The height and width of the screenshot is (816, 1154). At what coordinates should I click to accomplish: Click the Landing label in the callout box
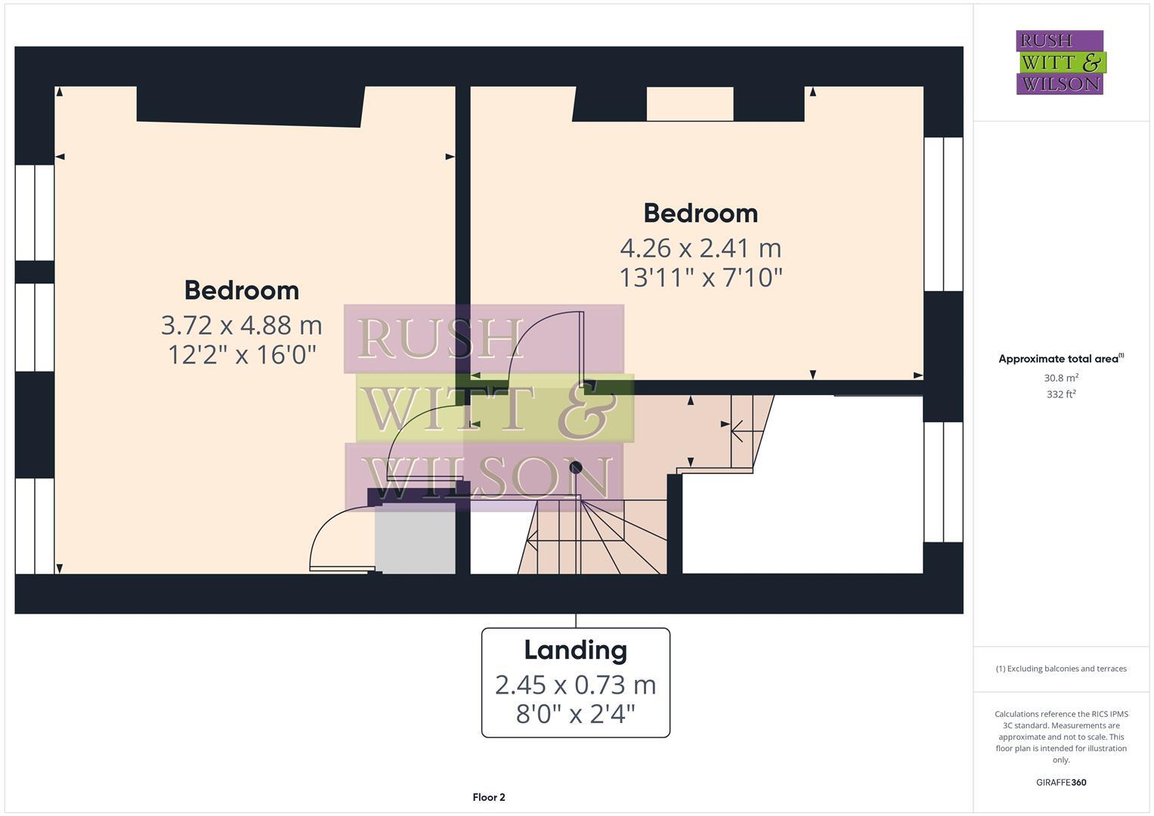point(575,650)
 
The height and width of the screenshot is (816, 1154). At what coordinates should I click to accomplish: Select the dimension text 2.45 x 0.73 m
point(575,685)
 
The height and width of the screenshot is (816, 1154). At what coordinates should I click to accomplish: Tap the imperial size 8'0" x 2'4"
point(575,713)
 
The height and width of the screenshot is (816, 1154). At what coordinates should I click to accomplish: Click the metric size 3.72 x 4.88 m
point(241,325)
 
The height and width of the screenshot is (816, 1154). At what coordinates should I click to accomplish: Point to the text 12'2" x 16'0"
point(241,354)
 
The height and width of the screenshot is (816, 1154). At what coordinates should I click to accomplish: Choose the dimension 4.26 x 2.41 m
point(700,248)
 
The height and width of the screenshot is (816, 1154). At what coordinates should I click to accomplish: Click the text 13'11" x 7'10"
point(700,277)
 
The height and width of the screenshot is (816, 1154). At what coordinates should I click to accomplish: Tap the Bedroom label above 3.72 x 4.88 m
point(241,290)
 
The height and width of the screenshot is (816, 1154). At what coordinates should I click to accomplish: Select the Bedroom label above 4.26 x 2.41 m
point(700,213)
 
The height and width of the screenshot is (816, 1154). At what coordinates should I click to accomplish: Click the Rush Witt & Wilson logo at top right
point(1060,62)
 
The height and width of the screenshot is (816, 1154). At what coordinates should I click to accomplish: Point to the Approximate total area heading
point(1060,359)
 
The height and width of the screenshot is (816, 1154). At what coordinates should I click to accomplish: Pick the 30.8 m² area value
point(1060,378)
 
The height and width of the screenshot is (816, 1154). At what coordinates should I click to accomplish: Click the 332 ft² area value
point(1060,394)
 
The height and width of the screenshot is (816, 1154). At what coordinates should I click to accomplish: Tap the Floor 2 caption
point(488,797)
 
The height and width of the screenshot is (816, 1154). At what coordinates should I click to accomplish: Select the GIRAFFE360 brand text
point(1060,782)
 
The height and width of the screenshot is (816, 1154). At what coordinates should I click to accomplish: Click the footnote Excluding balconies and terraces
point(1060,669)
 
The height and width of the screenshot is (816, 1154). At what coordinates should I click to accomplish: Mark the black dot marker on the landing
point(576,467)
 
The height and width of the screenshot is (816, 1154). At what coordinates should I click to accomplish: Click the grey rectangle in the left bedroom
point(415,541)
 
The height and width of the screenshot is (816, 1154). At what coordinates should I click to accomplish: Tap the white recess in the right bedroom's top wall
point(689,104)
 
